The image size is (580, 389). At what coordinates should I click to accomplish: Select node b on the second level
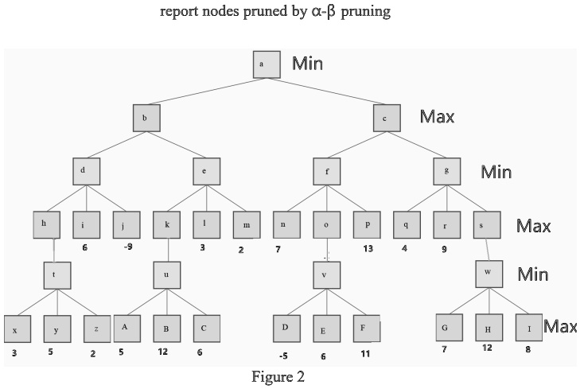146,118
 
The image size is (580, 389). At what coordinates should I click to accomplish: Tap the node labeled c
385,118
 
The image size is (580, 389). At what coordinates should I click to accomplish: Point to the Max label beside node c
437,117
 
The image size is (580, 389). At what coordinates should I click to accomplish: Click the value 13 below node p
367,248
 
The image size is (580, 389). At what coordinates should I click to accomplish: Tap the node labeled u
168,275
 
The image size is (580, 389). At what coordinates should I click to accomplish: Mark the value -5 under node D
283,355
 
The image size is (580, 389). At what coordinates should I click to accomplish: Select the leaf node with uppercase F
365,329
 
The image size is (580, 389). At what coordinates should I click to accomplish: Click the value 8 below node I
527,349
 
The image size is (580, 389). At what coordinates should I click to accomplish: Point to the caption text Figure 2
278,377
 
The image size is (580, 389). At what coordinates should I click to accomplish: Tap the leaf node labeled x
15,329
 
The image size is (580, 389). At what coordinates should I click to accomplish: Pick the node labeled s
486,225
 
